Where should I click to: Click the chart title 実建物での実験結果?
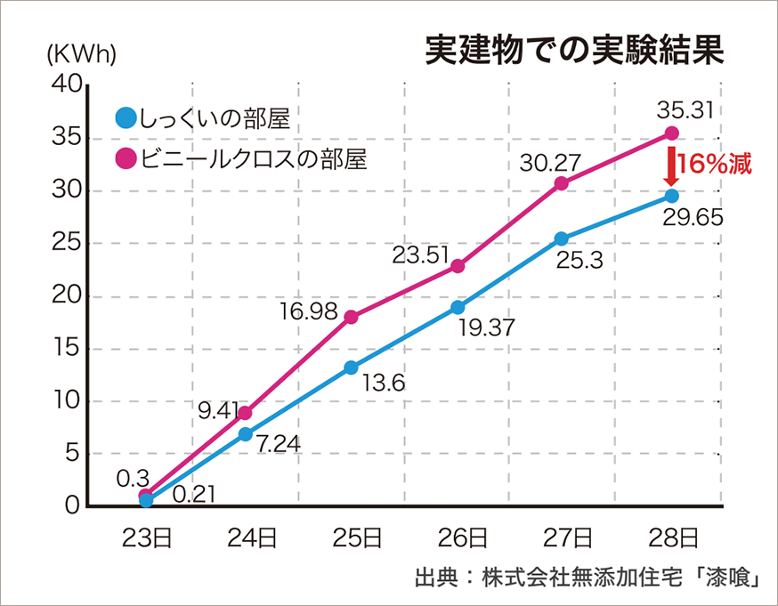[x=574, y=50]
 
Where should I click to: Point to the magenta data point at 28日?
[x=672, y=133]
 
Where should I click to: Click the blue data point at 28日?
[x=672, y=196]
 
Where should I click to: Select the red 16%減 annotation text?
[x=715, y=165]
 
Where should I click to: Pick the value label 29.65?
[x=692, y=218]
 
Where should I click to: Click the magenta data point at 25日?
[x=351, y=317]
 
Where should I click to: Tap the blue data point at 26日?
[x=458, y=307]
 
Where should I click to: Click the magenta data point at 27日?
[x=562, y=183]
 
